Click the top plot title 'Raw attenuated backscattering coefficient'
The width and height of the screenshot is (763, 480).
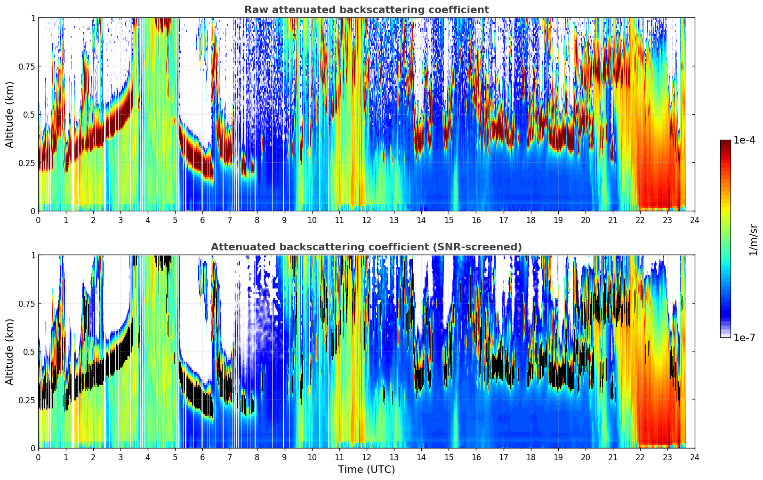(x=366, y=10)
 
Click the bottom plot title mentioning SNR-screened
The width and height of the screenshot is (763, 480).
(x=366, y=247)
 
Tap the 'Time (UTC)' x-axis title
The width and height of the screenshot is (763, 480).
(x=366, y=470)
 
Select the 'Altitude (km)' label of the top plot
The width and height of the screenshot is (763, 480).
(x=10, y=114)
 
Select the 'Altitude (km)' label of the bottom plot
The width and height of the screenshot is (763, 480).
(x=10, y=352)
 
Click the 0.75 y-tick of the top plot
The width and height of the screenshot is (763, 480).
(x=27, y=66)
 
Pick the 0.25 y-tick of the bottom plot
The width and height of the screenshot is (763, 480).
(x=27, y=400)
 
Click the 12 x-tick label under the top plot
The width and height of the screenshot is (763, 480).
(x=367, y=220)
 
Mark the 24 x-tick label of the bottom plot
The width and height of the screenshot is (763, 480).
(x=695, y=457)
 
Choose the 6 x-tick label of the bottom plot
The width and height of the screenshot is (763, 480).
(x=202, y=457)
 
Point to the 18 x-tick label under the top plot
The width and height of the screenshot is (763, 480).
(x=531, y=220)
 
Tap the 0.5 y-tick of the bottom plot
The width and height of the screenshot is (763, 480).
(x=30, y=352)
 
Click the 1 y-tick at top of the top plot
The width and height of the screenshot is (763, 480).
(x=33, y=18)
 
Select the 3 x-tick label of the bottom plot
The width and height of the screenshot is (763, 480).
(x=120, y=457)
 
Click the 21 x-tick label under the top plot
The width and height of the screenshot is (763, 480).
(x=613, y=220)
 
